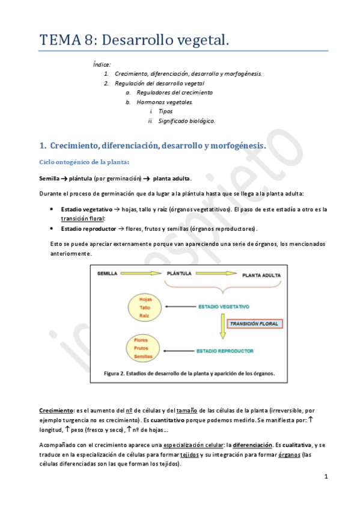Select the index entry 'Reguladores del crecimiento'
point(174,93)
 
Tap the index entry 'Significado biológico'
point(186,121)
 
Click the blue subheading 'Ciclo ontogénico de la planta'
point(84,162)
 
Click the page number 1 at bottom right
point(325,478)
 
